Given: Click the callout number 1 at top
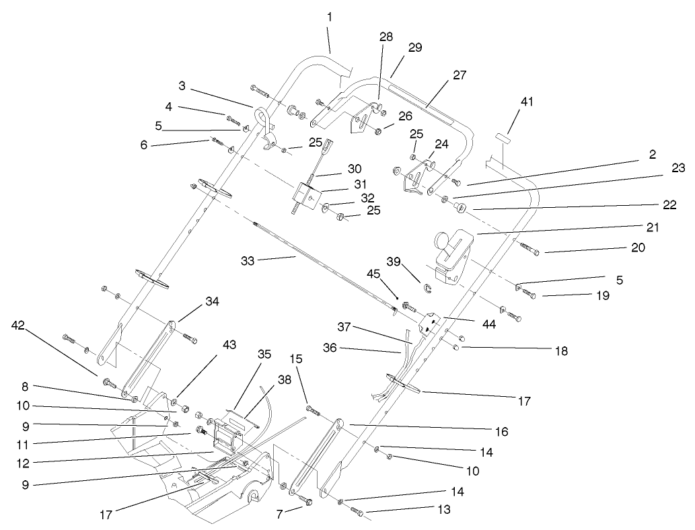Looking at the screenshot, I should pyautogui.click(x=330, y=15).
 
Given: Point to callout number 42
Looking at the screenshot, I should pyautogui.click(x=20, y=325).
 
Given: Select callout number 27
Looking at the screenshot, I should pyautogui.click(x=460, y=75).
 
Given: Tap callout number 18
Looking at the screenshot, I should pyautogui.click(x=560, y=350).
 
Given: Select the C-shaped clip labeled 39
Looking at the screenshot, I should pyautogui.click(x=427, y=290).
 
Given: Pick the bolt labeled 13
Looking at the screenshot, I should pyautogui.click(x=357, y=513).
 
